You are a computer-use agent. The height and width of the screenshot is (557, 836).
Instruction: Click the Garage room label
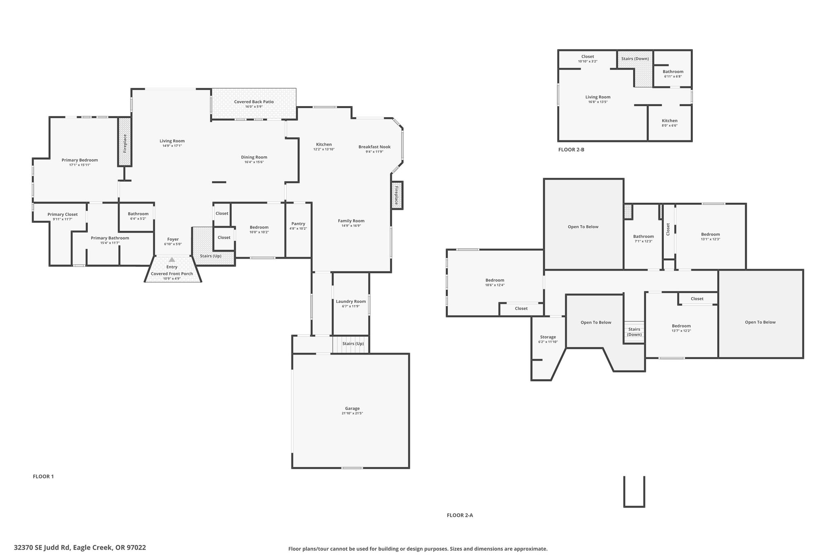pyautogui.click(x=352, y=408)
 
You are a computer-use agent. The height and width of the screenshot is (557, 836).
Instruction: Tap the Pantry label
pyautogui.click(x=298, y=224)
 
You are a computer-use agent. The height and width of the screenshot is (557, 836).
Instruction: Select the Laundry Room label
pyautogui.click(x=351, y=302)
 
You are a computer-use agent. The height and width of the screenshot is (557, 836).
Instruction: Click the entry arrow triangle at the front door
pyautogui.click(x=172, y=260)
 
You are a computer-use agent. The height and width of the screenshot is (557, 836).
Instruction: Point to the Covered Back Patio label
pyautogui.click(x=254, y=102)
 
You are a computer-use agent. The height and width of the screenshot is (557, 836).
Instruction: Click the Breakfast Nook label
pyautogui.click(x=374, y=147)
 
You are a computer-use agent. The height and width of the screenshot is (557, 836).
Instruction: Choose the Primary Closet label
pyautogui.click(x=62, y=214)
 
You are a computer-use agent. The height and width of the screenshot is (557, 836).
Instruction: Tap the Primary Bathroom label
pyautogui.click(x=110, y=238)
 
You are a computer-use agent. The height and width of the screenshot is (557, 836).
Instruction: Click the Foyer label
pyautogui.click(x=173, y=240)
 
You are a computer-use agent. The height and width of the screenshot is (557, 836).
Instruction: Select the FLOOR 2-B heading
pyautogui.click(x=571, y=150)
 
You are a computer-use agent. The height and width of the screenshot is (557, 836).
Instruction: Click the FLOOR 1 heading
pyautogui.click(x=43, y=476)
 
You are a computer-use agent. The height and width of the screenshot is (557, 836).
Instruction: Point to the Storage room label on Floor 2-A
pyautogui.click(x=548, y=337)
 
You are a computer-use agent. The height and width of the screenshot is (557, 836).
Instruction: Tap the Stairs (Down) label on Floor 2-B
pyautogui.click(x=635, y=58)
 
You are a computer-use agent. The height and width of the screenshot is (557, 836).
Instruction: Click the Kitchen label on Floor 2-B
pyautogui.click(x=669, y=121)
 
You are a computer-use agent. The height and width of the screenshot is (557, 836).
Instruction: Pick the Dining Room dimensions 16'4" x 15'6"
pyautogui.click(x=254, y=162)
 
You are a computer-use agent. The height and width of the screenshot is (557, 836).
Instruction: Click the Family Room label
pyautogui.click(x=351, y=221)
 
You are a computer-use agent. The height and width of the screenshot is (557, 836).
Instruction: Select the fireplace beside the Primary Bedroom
pyautogui.click(x=125, y=142)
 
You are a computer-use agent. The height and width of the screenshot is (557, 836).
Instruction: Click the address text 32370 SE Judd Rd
pyautogui.click(x=42, y=548)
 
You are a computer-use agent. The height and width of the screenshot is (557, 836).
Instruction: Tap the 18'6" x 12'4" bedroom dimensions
pyautogui.click(x=495, y=285)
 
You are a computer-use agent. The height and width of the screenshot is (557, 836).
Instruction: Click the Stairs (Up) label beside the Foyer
pyautogui.click(x=211, y=256)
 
